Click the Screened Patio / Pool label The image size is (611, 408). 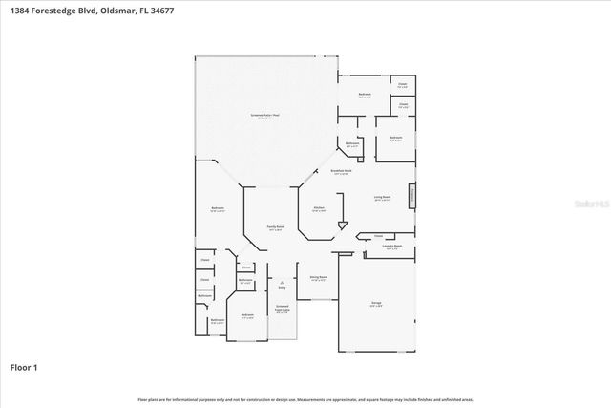pos(266,115)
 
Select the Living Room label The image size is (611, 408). pos(383,197)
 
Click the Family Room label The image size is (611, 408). pos(276,227)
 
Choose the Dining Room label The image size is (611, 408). pos(318,277)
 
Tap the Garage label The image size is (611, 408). pos(376,303)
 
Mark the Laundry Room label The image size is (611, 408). pos(391,246)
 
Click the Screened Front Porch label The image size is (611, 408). pos(282,310)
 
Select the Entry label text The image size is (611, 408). pos(282,287)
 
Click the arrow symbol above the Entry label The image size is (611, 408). pos(282,280)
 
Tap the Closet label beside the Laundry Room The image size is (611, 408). pos(378,235)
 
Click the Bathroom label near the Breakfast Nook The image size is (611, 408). pos(352,144)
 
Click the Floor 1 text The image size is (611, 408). pos(24,367)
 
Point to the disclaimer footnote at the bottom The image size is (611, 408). pos(305,399)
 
